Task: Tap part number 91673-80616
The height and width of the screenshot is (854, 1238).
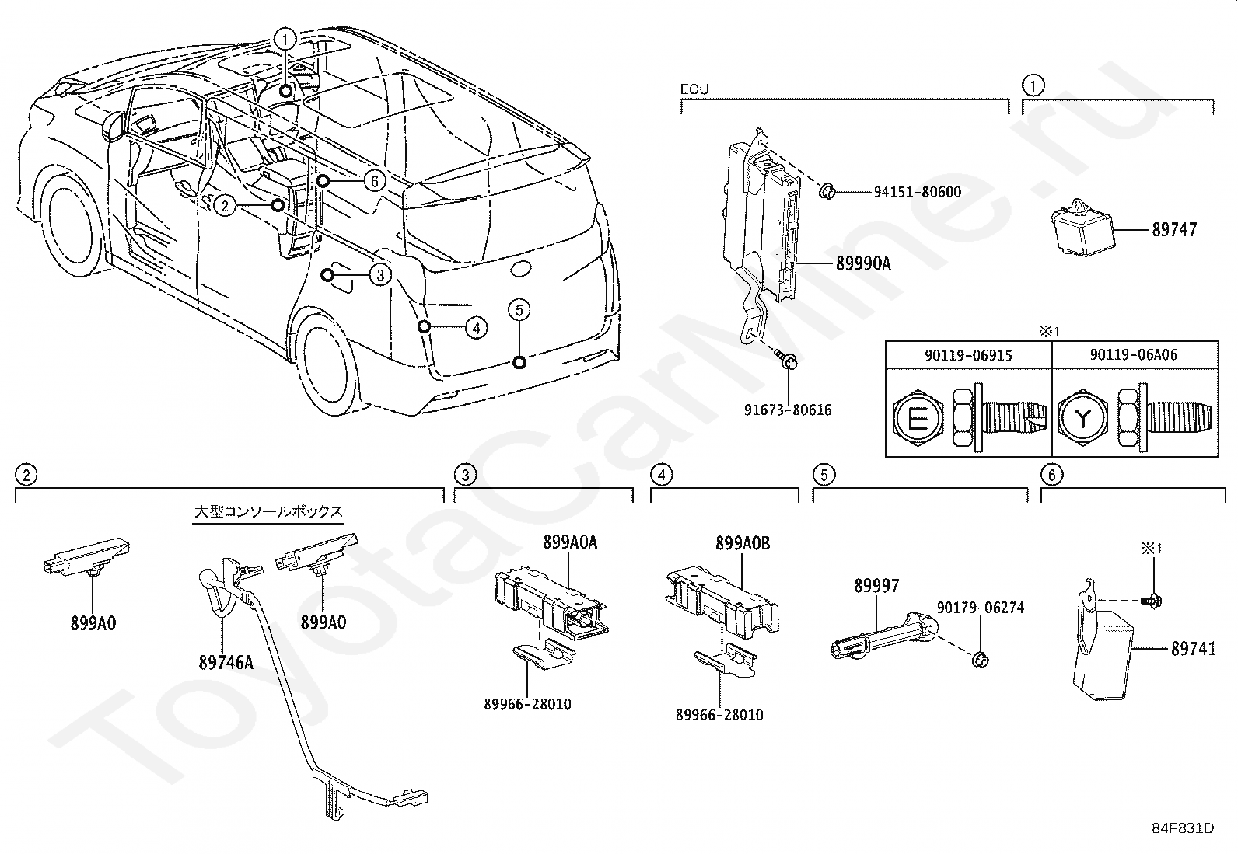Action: point(787,410)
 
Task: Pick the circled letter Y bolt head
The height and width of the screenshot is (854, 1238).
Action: point(1082,420)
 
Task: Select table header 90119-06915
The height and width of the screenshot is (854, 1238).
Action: point(968,354)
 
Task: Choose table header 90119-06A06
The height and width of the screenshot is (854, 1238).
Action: point(1134,354)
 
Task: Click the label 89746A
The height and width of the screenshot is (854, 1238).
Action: point(226,663)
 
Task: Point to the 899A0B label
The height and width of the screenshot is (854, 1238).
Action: point(743,543)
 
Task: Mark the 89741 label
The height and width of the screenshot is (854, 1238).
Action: point(1193,650)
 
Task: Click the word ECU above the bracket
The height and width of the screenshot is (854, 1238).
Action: point(694,89)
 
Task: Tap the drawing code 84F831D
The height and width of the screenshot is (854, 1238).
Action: point(1183,828)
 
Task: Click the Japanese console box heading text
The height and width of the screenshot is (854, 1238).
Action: point(268,512)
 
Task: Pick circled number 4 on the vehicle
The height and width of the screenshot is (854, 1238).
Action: point(476,328)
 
